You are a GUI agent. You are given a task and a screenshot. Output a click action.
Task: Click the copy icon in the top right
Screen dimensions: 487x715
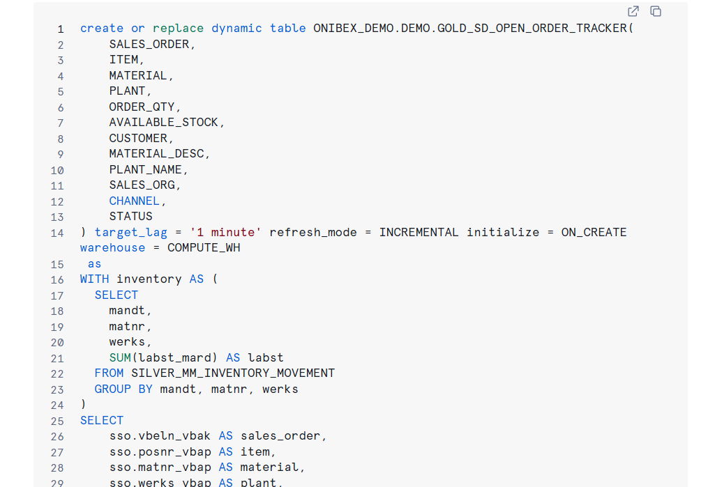coord(656,11)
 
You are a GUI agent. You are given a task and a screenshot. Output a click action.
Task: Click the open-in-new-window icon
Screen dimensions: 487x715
coord(633,11)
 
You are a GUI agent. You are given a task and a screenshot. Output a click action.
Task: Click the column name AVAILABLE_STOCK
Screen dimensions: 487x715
coord(167,123)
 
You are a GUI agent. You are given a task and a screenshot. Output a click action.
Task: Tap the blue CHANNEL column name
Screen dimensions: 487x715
coord(135,201)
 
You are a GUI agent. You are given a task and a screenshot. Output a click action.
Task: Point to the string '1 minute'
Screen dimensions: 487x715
coord(225,232)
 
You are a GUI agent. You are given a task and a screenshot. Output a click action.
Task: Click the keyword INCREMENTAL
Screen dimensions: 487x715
coord(419,232)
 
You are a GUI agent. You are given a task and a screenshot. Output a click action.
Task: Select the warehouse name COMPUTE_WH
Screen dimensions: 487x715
coord(204,248)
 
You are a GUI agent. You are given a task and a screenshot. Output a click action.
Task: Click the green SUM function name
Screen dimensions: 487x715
coord(119,357)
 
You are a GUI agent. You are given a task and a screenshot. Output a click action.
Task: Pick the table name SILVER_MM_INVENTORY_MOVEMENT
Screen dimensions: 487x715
coord(233,373)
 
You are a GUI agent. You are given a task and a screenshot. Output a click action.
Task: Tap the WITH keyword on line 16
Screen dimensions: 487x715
coord(94,279)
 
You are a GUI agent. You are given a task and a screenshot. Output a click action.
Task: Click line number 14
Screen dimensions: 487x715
coord(57,233)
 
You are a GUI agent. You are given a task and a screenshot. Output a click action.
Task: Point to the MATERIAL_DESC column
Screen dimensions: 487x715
coord(159,154)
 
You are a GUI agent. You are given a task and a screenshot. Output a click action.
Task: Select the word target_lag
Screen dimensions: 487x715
coord(130,232)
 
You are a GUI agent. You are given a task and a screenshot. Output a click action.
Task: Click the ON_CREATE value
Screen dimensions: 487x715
coord(594,232)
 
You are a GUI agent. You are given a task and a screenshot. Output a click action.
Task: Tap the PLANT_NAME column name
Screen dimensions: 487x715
coord(149,169)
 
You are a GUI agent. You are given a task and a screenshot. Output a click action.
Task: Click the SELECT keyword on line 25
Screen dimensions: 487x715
coord(102,420)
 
